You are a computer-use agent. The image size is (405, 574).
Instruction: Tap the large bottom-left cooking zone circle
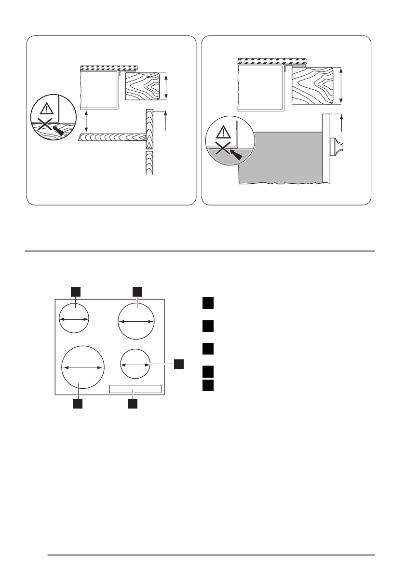coord(83,367)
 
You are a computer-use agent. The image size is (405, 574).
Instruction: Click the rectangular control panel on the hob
coord(135,389)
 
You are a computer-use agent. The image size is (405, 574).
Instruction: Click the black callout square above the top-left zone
coord(75,290)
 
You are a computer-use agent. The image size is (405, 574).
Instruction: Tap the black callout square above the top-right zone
coord(137,290)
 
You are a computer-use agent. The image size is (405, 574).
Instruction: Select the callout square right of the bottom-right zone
coord(179,363)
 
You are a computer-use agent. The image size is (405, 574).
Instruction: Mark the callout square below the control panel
coord(133,403)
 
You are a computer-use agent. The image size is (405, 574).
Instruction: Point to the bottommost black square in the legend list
coord(208,384)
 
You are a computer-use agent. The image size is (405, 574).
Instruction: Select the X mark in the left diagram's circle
coord(44,127)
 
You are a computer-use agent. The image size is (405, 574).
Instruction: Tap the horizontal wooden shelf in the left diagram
coord(111,138)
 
